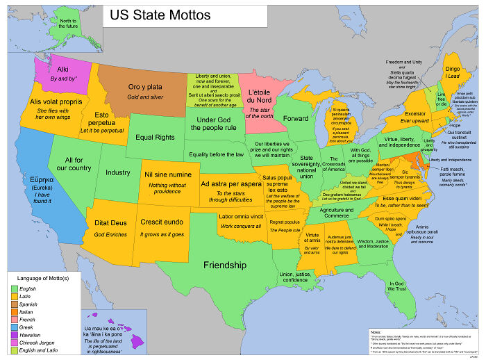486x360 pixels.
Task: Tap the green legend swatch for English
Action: coord(14,288)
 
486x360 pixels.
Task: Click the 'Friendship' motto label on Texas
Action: coord(224,265)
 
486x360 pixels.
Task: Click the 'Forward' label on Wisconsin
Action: coord(296,119)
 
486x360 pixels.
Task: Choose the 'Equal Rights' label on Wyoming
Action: coord(154,138)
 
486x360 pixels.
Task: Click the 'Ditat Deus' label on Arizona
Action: coord(110,223)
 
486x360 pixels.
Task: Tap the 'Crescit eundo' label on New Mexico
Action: coord(162,223)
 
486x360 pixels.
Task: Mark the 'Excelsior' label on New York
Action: coord(414,113)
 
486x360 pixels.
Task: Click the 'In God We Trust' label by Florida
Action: coord(396,287)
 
